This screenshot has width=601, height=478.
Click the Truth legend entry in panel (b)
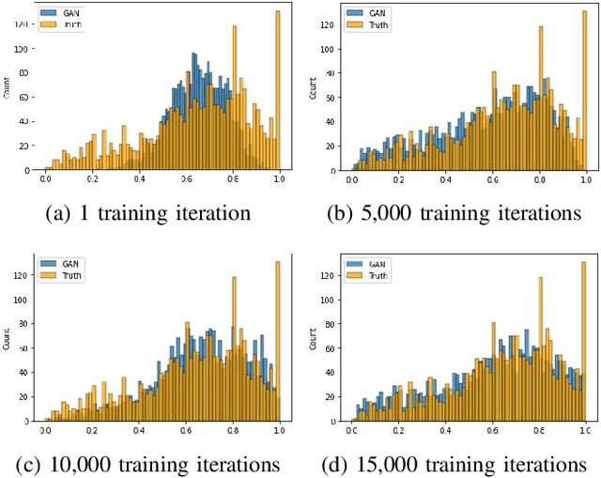372,24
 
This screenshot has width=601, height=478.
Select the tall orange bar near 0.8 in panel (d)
539,347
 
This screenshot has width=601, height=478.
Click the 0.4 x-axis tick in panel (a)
138,178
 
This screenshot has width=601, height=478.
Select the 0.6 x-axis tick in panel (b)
493,178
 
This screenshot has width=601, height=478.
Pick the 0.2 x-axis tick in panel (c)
92,430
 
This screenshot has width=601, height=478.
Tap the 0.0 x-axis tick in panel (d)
352,430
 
